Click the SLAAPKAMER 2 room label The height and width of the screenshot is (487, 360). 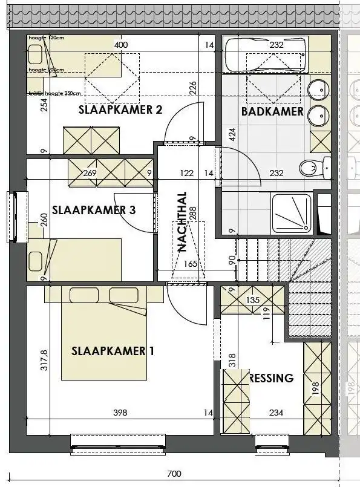(120, 109)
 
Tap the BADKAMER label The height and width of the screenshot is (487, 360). (272, 111)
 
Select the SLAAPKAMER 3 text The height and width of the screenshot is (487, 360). (94, 211)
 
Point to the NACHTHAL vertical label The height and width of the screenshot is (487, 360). (182, 222)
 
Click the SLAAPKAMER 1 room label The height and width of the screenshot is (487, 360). (109, 351)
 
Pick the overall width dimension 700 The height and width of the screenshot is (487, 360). (174, 474)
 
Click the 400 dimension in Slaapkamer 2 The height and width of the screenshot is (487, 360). (121, 45)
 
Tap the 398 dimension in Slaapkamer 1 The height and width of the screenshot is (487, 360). (120, 413)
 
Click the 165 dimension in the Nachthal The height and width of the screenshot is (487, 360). (190, 263)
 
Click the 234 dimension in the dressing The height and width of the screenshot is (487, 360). (276, 413)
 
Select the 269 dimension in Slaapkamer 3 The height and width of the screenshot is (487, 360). (90, 173)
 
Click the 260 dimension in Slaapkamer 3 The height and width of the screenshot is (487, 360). (43, 219)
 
